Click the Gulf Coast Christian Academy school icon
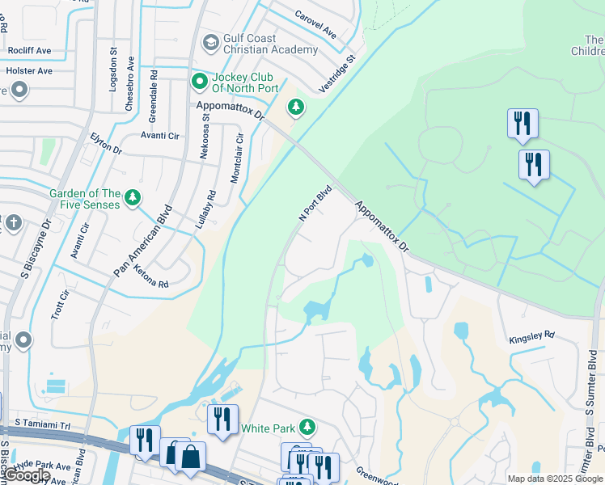tap(211, 42)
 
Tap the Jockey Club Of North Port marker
tap(199, 82)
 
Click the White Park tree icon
tap(306, 427)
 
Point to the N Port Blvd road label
tap(316, 205)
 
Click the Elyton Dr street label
tap(106, 144)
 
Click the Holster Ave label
tap(29, 70)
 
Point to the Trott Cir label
tap(57, 304)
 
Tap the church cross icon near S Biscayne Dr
tap(13, 222)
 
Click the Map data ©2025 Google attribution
tap(555, 479)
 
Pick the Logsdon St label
tap(113, 68)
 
